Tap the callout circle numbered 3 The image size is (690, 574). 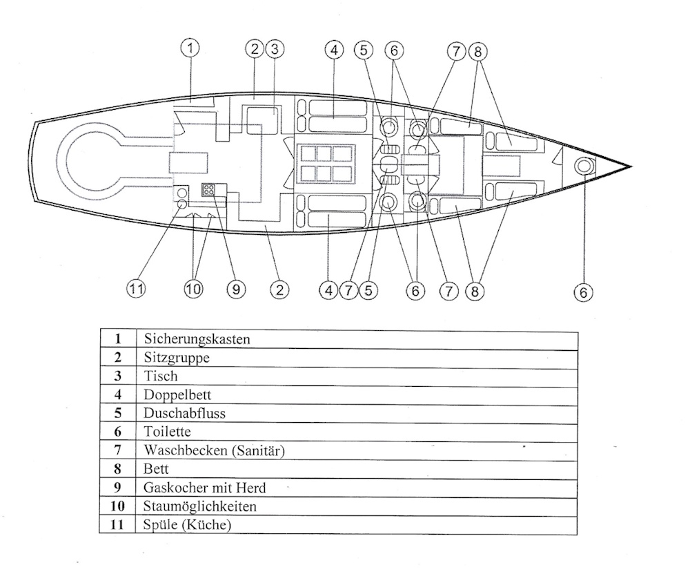click(x=274, y=49)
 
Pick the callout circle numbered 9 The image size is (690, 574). click(x=236, y=290)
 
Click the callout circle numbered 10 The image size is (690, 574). click(x=193, y=290)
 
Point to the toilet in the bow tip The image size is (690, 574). click(x=584, y=166)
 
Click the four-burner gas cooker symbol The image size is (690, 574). click(x=208, y=190)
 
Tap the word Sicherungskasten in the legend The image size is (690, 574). click(x=197, y=339)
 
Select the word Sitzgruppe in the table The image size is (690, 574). click(x=177, y=358)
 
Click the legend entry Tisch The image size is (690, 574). click(x=161, y=376)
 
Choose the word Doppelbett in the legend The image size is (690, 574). click(x=177, y=395)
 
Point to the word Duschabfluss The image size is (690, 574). click(x=185, y=414)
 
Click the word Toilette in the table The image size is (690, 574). click(x=167, y=432)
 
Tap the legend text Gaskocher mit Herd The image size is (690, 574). click(x=205, y=488)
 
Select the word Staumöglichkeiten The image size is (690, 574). click(x=200, y=506)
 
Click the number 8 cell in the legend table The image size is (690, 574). click(x=118, y=469)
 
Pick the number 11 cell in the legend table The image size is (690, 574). click(x=118, y=525)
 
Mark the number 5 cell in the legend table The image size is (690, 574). click(x=118, y=414)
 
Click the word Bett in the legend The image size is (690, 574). click(x=157, y=469)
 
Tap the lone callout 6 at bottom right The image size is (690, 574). click(x=584, y=292)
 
